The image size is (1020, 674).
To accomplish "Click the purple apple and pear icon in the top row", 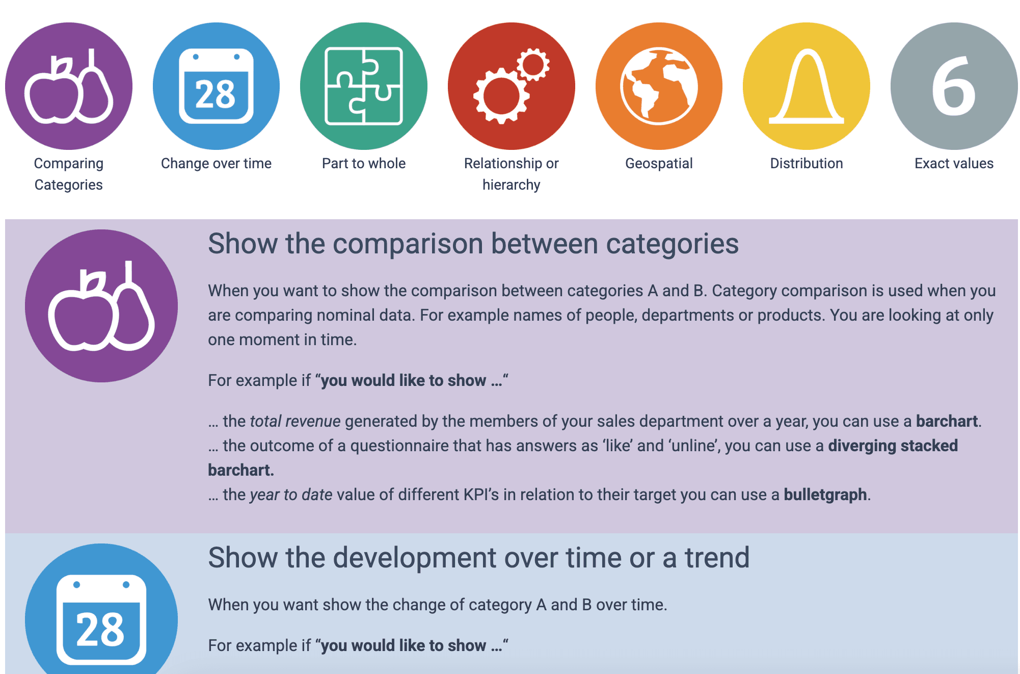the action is pyautogui.click(x=69, y=86).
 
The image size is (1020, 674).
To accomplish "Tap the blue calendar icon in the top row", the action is pyautogui.click(x=216, y=86).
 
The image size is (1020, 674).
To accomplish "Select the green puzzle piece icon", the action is pyautogui.click(x=364, y=86).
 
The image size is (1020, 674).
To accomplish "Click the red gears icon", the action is pyautogui.click(x=512, y=86).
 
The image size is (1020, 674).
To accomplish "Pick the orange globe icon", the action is pyautogui.click(x=659, y=86).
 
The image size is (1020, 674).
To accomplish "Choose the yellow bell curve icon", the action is pyautogui.click(x=807, y=86).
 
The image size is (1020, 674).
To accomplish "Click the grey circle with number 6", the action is pyautogui.click(x=954, y=86).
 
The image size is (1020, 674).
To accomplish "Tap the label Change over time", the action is pyautogui.click(x=216, y=163).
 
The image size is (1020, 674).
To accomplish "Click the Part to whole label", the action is pyautogui.click(x=364, y=163).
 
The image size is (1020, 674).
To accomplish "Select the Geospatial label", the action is pyautogui.click(x=659, y=164).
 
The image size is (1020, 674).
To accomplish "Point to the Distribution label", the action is pyautogui.click(x=807, y=163).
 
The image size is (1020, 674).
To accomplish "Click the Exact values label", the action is pyautogui.click(x=954, y=163).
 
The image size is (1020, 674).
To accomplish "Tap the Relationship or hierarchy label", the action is pyautogui.click(x=512, y=174).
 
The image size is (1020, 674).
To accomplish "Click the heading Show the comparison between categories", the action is pyautogui.click(x=473, y=244).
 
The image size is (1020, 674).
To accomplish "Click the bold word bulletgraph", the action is pyautogui.click(x=825, y=495).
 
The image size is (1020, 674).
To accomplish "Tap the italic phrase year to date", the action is pyautogui.click(x=291, y=495).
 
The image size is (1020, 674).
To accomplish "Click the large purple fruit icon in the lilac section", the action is pyautogui.click(x=101, y=306).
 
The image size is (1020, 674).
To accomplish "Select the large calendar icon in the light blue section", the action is pyautogui.click(x=101, y=612).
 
